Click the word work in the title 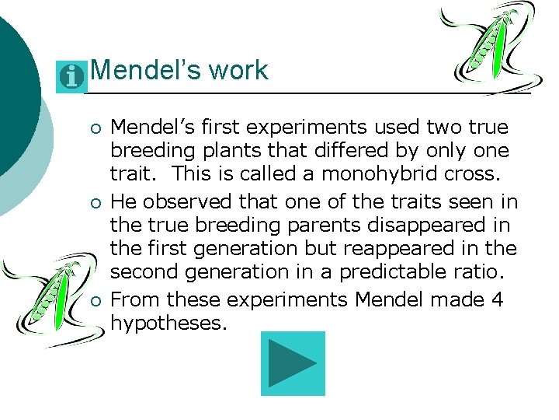(237, 71)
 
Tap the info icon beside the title (72, 76)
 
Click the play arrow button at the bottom (293, 364)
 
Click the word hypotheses (169, 323)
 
